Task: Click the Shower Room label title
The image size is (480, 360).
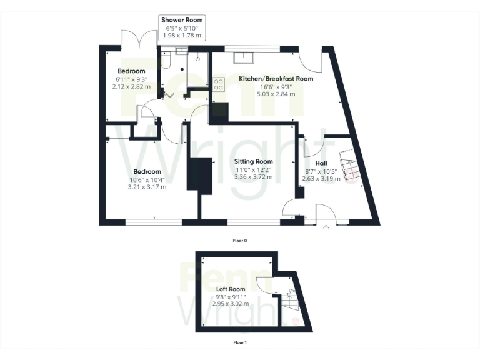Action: tap(181, 20)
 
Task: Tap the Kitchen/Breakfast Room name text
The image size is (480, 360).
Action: tap(276, 79)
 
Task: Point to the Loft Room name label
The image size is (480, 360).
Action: tap(231, 289)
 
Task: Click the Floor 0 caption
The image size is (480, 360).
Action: tap(240, 240)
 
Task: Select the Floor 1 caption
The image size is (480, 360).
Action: tap(240, 342)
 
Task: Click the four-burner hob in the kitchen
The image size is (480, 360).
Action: tap(219, 84)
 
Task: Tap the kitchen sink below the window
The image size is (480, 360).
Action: tap(243, 57)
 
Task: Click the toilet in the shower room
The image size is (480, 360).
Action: tap(166, 60)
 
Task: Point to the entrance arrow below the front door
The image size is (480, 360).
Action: tap(326, 228)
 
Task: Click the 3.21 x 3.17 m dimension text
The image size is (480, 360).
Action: tap(147, 186)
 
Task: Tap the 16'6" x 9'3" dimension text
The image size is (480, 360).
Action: tap(276, 87)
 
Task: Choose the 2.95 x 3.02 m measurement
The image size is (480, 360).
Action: tap(231, 304)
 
